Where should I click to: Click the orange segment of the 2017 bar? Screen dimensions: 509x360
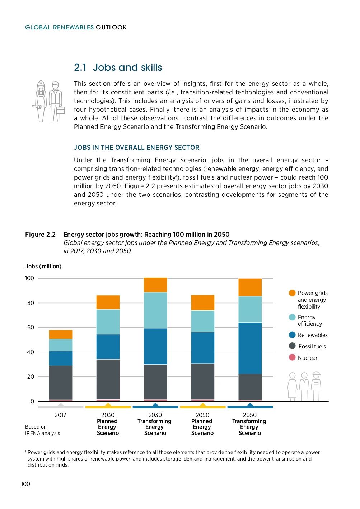click(x=61, y=334)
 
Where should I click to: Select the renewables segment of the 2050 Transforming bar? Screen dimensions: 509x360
click(x=250, y=348)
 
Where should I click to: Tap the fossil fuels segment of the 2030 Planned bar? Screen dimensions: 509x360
click(x=108, y=379)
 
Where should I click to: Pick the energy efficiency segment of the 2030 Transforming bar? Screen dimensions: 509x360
click(x=155, y=310)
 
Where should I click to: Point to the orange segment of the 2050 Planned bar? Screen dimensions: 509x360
click(x=203, y=302)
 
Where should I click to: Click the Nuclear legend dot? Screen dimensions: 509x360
click(x=292, y=357)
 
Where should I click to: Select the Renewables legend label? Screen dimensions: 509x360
click(x=313, y=335)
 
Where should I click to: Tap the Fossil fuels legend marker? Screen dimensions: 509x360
click(x=292, y=346)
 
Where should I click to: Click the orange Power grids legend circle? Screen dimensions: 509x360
click(x=292, y=293)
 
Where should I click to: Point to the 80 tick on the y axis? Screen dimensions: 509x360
click(x=31, y=303)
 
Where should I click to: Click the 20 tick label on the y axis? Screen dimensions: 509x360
click(x=31, y=376)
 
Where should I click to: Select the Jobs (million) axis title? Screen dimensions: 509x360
click(x=43, y=266)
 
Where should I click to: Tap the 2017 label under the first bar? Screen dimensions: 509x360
click(x=60, y=415)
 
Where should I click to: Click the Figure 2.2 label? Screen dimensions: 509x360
click(x=40, y=235)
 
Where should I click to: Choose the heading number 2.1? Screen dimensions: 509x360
click(x=80, y=68)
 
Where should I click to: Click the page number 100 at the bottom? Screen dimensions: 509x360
click(x=25, y=484)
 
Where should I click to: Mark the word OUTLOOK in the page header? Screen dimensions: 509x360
click(x=111, y=27)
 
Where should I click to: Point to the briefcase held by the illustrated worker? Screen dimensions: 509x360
click(x=60, y=109)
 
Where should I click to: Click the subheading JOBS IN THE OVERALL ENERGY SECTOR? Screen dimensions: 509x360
click(x=137, y=148)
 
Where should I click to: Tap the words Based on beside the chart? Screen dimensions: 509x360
click(x=36, y=427)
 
